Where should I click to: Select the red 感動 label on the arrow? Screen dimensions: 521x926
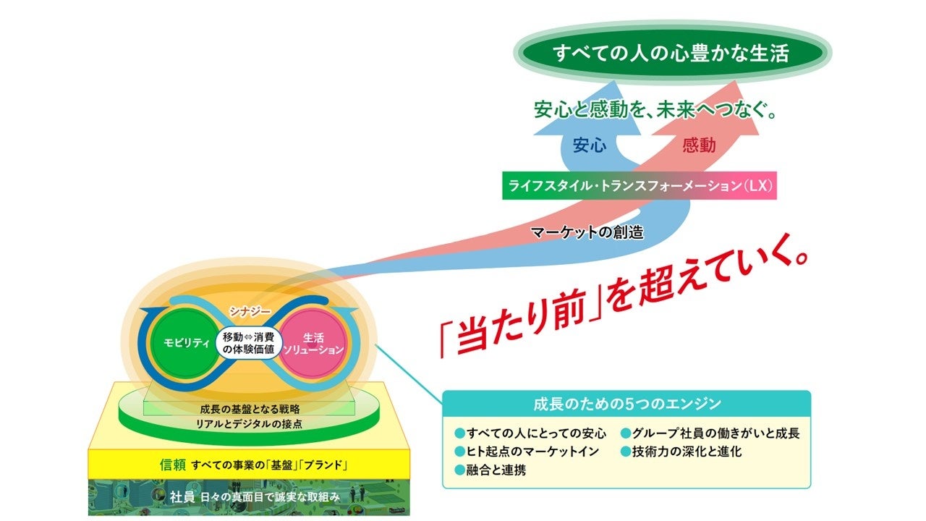pyautogui.click(x=698, y=146)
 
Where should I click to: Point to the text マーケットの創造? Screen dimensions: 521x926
pyautogui.click(x=587, y=233)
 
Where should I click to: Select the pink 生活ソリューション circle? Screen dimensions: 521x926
pyautogui.click(x=313, y=344)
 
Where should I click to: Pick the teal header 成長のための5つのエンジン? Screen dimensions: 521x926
pyautogui.click(x=626, y=404)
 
